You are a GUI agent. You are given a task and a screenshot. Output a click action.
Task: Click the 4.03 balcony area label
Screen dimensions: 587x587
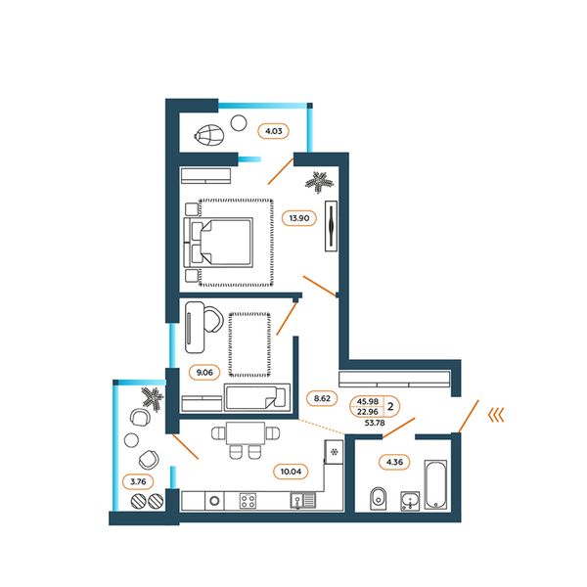[274, 131]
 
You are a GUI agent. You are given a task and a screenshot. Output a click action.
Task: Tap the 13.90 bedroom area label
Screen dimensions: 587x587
[299, 218]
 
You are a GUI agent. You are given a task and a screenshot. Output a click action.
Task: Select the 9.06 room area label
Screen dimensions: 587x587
[204, 373]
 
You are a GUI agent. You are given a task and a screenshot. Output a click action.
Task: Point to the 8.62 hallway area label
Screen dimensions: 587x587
[322, 398]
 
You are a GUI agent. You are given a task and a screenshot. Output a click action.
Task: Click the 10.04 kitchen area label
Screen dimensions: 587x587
[291, 472]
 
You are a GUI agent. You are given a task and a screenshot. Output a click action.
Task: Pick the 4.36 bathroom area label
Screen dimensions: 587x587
[394, 462]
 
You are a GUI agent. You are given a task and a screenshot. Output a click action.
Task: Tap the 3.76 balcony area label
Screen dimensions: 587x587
[138, 481]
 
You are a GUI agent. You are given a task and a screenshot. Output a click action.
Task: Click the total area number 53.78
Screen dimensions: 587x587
[375, 423]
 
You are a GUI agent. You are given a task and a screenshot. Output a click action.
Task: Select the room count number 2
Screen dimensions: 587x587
[390, 406]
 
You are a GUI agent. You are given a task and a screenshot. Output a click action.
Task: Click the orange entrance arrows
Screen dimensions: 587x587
[496, 415]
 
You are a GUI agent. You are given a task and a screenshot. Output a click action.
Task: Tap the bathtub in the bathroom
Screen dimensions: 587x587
[435, 484]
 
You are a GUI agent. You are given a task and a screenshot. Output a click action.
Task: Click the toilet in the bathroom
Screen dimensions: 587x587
[378, 499]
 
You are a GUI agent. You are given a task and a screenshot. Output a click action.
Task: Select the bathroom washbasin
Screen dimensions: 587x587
[410, 501]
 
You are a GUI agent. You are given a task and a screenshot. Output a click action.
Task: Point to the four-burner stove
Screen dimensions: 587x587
[248, 501]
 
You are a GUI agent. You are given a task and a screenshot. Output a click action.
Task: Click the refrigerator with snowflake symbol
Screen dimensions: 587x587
[334, 452]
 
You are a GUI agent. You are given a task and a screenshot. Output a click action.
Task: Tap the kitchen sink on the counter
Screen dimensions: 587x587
[303, 501]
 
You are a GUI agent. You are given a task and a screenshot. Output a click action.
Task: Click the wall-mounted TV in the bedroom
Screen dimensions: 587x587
[331, 226]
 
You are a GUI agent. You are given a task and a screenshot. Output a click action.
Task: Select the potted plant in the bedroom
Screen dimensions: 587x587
[319, 182]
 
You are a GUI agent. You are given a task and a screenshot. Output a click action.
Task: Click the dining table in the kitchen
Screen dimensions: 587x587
[246, 433]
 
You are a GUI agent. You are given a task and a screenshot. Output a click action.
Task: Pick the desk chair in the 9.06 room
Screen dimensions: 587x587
[213, 319]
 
